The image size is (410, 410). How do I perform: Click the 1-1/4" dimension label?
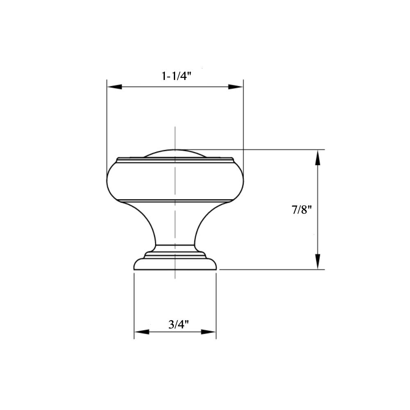click(177, 76)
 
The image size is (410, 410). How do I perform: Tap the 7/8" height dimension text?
click(302, 210)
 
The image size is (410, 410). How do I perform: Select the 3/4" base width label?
click(178, 324)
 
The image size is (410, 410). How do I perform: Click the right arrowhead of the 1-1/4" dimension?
click(236, 87)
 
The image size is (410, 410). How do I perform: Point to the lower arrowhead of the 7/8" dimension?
click(317, 262)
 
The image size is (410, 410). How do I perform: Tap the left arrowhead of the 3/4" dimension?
click(141, 331)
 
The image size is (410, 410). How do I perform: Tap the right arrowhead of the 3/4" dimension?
click(209, 331)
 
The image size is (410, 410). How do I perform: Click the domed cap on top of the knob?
click(175, 153)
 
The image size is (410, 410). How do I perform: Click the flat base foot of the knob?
click(175, 265)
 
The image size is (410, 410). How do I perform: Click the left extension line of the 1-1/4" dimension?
click(107, 123)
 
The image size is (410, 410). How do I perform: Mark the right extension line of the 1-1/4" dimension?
click(244, 123)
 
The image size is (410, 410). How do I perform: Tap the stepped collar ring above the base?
click(175, 251)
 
